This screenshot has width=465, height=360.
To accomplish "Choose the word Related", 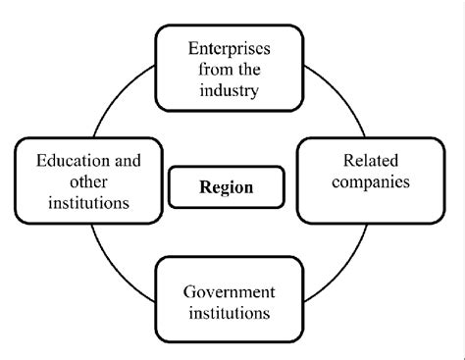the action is coord(364,160).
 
